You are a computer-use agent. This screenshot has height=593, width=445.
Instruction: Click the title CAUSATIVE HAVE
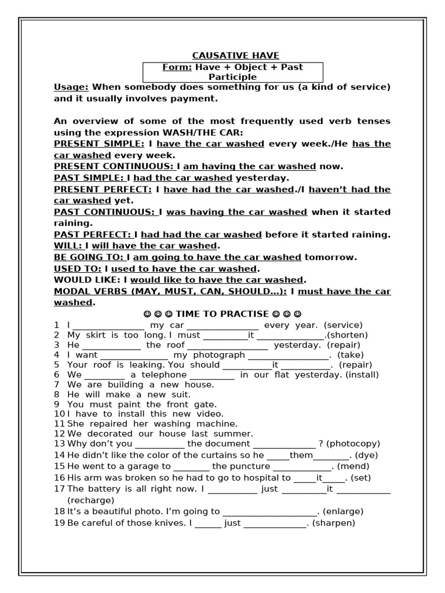tap(235, 56)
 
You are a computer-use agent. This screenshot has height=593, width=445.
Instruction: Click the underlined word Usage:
tap(71, 87)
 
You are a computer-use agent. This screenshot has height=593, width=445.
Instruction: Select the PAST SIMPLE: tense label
tap(89, 178)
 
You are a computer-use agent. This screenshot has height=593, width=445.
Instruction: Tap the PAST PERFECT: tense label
tap(93, 235)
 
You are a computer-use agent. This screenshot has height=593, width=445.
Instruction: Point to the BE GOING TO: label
tap(89, 257)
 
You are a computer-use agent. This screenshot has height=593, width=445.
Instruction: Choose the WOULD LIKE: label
tap(87, 280)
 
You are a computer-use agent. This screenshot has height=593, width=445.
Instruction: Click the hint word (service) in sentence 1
tap(343, 325)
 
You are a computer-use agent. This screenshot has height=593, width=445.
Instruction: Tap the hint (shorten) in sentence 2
tap(348, 335)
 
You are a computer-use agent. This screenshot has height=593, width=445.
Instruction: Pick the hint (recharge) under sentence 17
tap(91, 500)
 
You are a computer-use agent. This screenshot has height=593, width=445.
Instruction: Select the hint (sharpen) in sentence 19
tap(333, 523)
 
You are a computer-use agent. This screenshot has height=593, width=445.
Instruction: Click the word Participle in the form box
tap(232, 77)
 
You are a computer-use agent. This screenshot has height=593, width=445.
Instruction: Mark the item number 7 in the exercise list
tap(57, 385)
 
